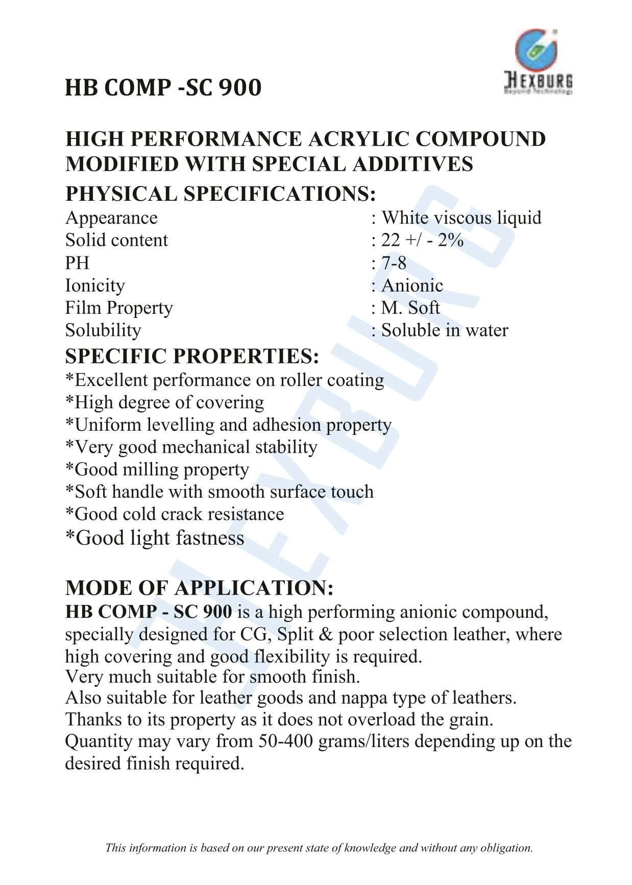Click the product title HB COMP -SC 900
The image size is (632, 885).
[163, 88]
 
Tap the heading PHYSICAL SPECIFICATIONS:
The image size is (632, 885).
[221, 194]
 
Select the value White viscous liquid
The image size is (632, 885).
[461, 218]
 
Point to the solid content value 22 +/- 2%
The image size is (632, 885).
[422, 241]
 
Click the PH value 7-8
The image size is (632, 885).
[394, 263]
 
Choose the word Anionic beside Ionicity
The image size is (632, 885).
[412, 286]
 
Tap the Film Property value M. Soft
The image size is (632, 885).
[410, 308]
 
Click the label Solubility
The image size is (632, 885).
[103, 331]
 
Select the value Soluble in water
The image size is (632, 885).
[445, 331]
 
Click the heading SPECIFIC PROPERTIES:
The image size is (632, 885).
[192, 356]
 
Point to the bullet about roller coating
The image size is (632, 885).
[225, 381]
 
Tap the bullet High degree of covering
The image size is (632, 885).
[165, 403]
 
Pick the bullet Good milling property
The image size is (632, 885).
[157, 470]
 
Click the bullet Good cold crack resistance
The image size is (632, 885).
[175, 514]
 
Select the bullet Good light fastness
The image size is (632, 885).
[155, 538]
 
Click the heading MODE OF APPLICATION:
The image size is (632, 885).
[200, 588]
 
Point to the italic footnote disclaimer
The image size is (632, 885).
[319, 848]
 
